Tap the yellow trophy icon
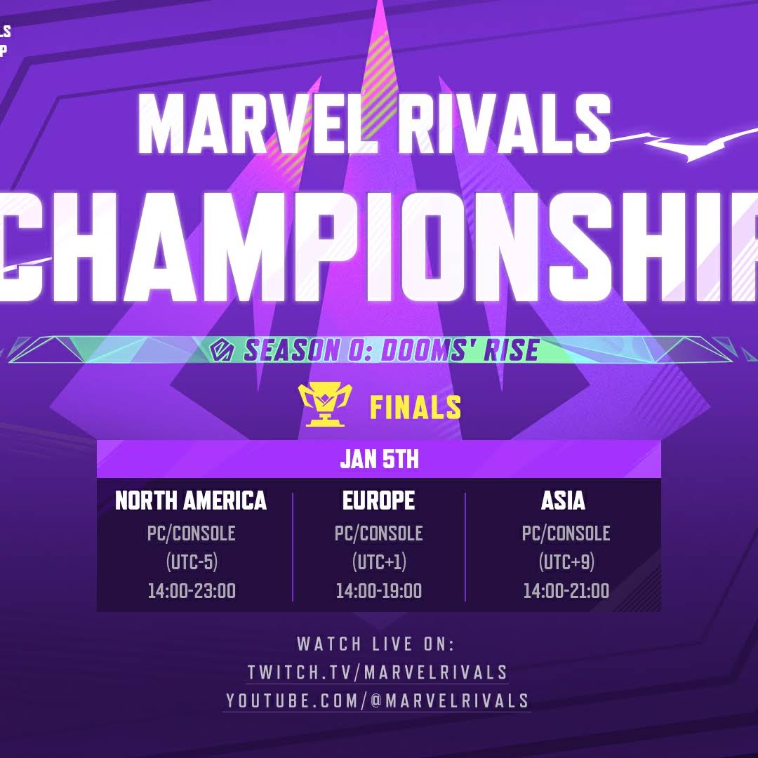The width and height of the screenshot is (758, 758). (x=325, y=405)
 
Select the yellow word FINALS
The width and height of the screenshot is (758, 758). (x=415, y=407)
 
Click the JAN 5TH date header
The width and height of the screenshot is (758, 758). (x=379, y=460)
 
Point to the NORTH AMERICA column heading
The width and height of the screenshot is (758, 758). (x=191, y=500)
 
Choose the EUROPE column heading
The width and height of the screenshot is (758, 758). (x=378, y=500)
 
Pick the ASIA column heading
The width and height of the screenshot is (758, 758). (x=563, y=500)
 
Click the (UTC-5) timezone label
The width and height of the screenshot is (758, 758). (x=191, y=562)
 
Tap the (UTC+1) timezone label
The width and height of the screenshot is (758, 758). (x=378, y=562)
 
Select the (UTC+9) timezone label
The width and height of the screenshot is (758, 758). (x=566, y=562)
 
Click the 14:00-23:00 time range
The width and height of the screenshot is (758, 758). (x=191, y=591)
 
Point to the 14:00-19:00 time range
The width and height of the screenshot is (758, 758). (x=378, y=591)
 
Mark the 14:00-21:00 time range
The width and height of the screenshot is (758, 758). (x=566, y=591)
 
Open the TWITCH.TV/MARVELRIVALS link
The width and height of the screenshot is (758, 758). (x=378, y=672)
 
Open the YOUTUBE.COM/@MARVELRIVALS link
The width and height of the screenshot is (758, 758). (x=378, y=700)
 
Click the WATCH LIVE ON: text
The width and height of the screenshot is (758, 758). (x=376, y=644)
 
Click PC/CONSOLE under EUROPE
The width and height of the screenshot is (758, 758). (x=378, y=533)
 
